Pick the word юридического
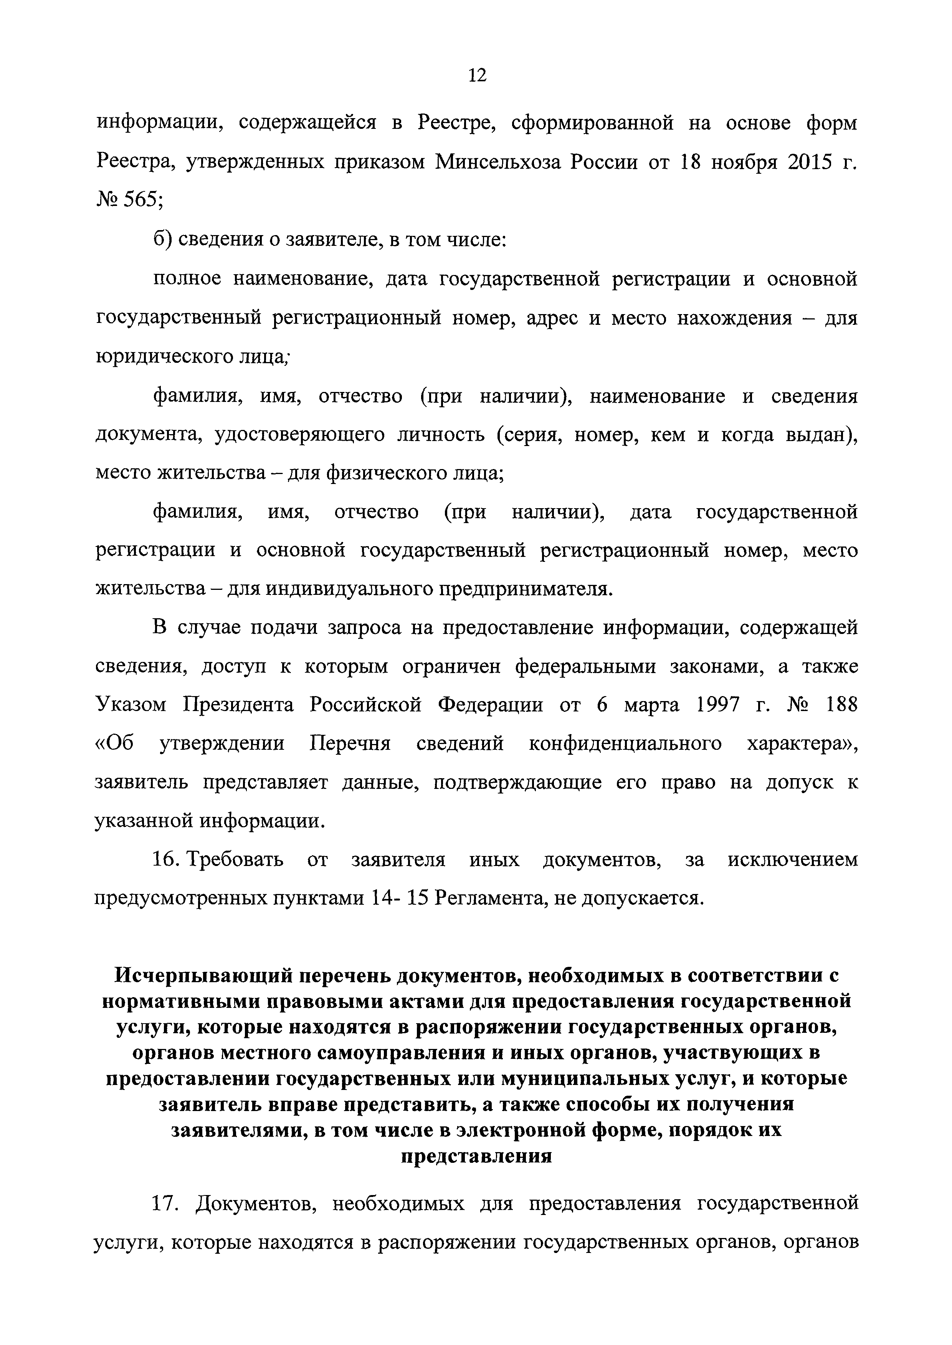[x=165, y=356]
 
